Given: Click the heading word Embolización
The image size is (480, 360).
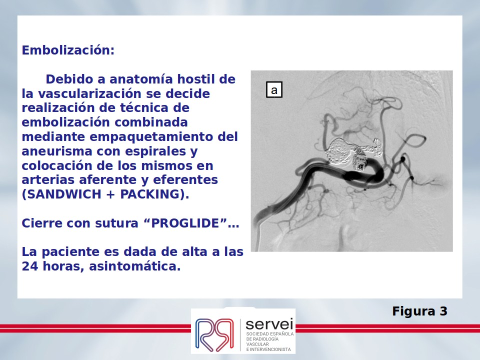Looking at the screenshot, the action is (x=68, y=50).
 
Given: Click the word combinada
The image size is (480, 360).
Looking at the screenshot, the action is (x=151, y=122).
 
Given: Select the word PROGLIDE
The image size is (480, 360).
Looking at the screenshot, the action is (x=185, y=223).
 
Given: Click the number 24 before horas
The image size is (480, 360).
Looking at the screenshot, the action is (x=30, y=266).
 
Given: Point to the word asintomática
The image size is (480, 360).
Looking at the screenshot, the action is (x=134, y=266).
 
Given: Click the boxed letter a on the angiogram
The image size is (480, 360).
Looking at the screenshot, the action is (x=274, y=89).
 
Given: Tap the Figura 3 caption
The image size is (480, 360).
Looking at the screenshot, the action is (x=419, y=311).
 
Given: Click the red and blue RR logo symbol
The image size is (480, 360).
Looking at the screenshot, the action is (x=214, y=334).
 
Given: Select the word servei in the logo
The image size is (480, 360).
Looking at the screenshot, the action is (x=269, y=324).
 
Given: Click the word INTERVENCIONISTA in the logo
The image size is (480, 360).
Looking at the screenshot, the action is (x=270, y=349).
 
